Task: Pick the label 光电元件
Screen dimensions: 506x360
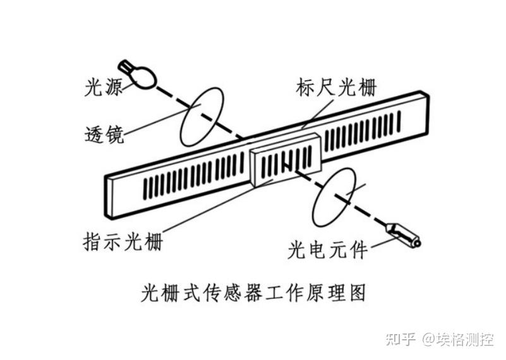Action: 327,250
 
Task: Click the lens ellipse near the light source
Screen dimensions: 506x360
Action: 202,117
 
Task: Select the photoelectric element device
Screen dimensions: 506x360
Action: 403,233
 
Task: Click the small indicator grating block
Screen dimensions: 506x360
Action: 286,165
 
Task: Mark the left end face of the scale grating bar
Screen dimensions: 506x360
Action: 109,196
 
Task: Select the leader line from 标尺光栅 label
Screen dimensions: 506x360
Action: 316,114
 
